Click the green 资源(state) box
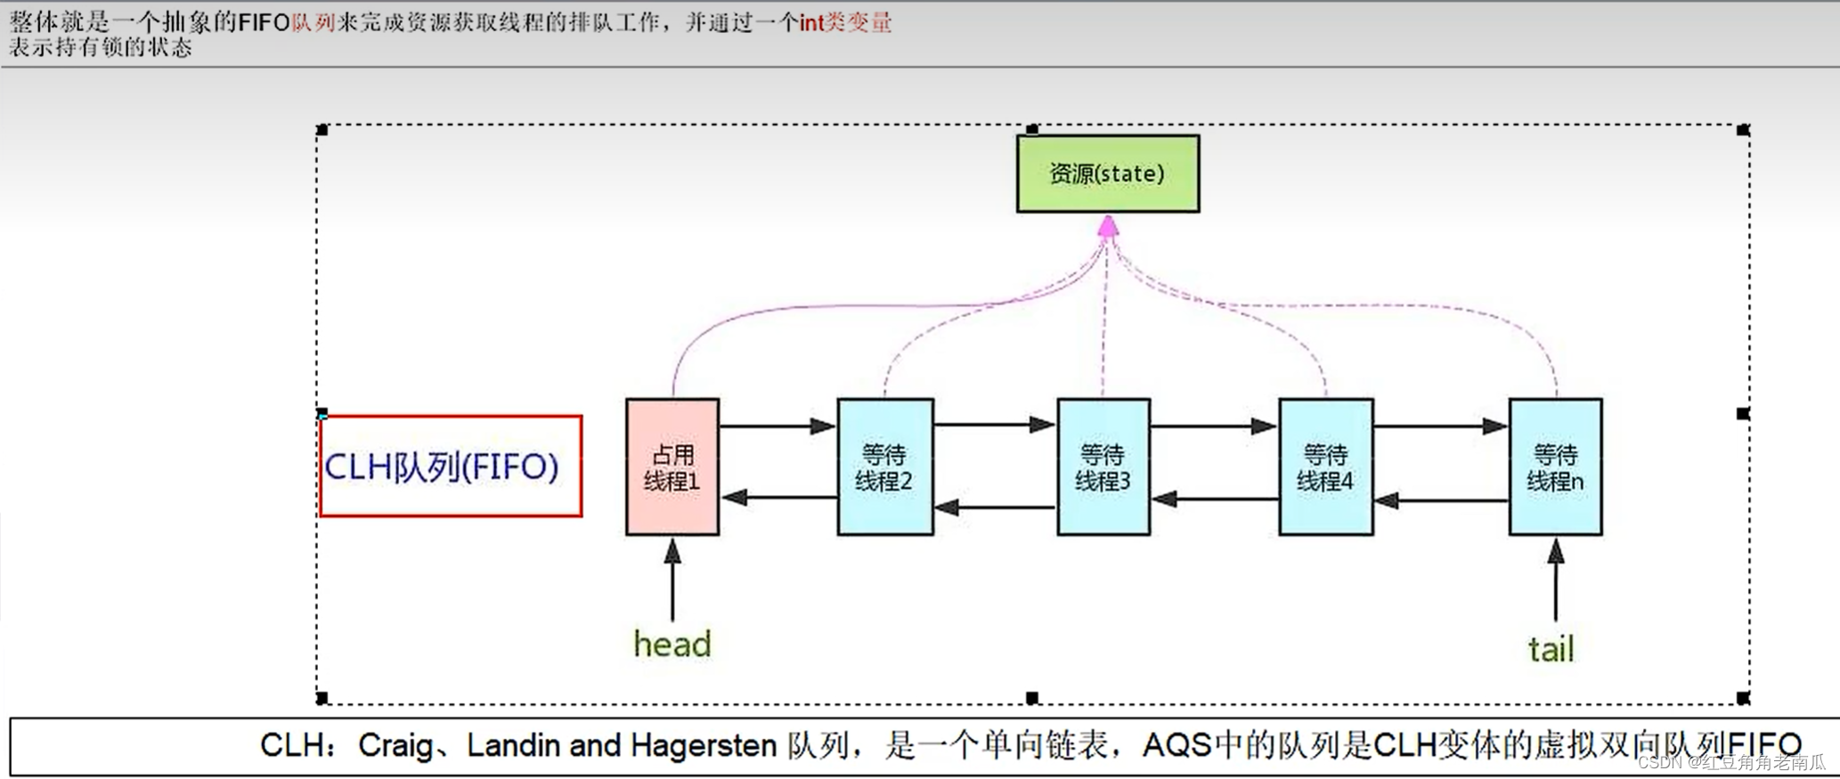1107,174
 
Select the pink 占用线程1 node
672,467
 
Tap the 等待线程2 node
884,467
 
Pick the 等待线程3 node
1103,467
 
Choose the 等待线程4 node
1325,467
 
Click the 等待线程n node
1555,467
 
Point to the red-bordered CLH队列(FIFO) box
451,466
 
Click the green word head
672,644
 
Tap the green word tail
1551,649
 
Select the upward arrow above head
672,579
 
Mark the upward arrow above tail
1556,579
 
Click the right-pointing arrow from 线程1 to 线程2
777,426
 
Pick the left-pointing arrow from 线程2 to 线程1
778,497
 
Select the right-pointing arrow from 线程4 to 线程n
1440,426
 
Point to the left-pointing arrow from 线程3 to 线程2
995,507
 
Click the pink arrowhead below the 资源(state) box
1108,227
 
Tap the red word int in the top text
811,22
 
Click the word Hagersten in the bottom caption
704,745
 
